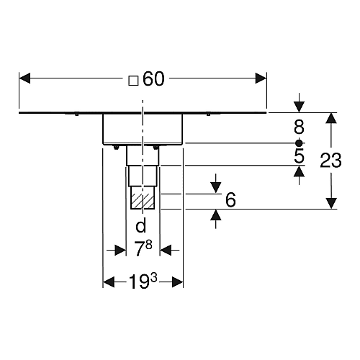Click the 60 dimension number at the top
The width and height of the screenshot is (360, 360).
click(153, 79)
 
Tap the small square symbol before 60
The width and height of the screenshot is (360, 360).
click(133, 81)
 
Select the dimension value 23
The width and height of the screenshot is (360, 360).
click(330, 161)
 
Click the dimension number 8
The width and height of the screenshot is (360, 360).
click(299, 127)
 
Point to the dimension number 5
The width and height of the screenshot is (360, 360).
click(300, 156)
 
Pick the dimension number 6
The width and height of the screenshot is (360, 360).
click(230, 200)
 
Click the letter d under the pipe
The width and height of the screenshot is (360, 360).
click(140, 226)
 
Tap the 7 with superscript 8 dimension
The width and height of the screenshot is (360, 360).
click(143, 248)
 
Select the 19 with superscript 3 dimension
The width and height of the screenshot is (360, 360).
click(143, 281)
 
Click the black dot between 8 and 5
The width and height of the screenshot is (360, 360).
click(299, 143)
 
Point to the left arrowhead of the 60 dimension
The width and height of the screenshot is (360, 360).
click(24, 78)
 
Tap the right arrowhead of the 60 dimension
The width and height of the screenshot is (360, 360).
click(261, 78)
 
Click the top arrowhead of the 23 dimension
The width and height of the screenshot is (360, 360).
click(331, 118)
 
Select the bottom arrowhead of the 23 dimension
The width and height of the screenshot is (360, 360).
click(331, 204)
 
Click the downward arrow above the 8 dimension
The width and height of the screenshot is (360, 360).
click(299, 103)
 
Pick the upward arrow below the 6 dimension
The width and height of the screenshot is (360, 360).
click(216, 219)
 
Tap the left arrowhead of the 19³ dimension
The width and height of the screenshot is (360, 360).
click(109, 282)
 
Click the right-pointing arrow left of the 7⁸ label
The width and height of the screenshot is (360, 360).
click(117, 250)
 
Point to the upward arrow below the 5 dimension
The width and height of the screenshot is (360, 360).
click(299, 175)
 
